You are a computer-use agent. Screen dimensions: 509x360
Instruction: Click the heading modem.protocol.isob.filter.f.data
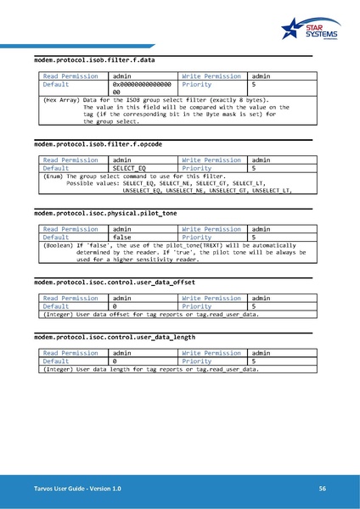[x=93, y=61]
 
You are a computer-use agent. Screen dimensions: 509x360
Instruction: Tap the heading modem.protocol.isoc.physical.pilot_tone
[x=104, y=213]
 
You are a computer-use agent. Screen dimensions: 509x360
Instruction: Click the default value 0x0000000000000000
[x=142, y=88]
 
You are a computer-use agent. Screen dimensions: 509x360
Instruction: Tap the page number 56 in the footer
[x=323, y=489]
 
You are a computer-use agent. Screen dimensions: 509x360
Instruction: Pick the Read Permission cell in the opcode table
[x=70, y=159]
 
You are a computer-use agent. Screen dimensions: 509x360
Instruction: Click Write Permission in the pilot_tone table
[x=211, y=229]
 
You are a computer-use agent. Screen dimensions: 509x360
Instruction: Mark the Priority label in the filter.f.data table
[x=197, y=85]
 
